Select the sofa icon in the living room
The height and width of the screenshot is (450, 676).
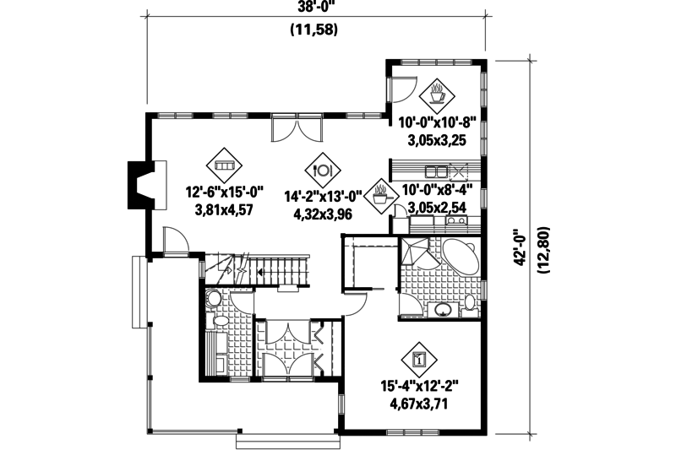(x=224, y=166)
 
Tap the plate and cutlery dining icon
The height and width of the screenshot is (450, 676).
(x=322, y=169)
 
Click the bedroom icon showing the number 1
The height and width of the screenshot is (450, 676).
(x=419, y=359)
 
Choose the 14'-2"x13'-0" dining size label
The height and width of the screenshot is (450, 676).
(x=322, y=195)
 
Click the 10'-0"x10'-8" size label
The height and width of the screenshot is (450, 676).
(x=439, y=122)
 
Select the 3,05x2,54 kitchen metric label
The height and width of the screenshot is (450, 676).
(x=438, y=207)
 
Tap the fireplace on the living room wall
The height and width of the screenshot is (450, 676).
(x=139, y=182)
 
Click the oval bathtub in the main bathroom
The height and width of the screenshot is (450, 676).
(x=459, y=254)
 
